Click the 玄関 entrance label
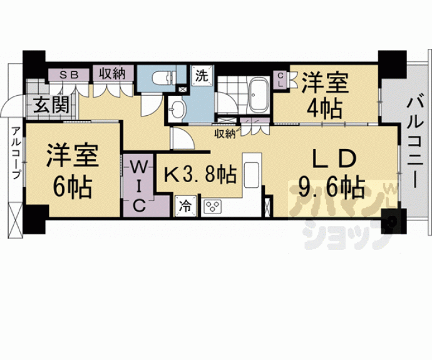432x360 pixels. (47, 105)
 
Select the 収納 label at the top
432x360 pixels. (113, 73)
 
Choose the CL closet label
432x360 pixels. (281, 80)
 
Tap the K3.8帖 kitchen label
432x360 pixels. (200, 175)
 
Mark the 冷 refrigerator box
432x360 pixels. (185, 205)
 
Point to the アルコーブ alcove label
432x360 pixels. (14, 153)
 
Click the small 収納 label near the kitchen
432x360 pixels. (224, 133)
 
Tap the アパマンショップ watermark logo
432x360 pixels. (341, 210)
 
